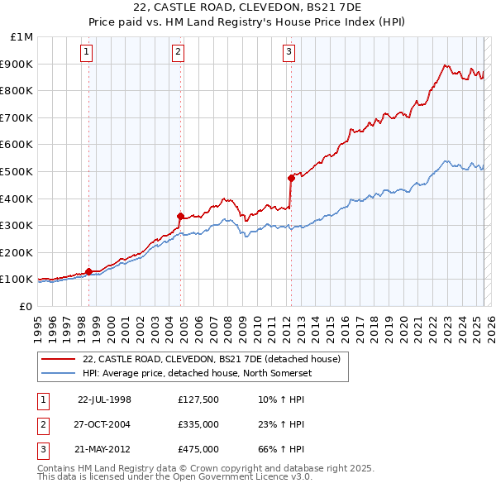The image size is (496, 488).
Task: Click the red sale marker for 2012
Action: tap(291, 178)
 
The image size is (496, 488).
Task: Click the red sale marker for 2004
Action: tap(180, 216)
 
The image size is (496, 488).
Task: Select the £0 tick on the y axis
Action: tap(27, 306)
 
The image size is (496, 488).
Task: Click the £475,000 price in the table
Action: tap(198, 450)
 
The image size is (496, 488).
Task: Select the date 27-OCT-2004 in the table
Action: tap(103, 424)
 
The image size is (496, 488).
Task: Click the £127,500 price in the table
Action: tap(198, 399)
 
